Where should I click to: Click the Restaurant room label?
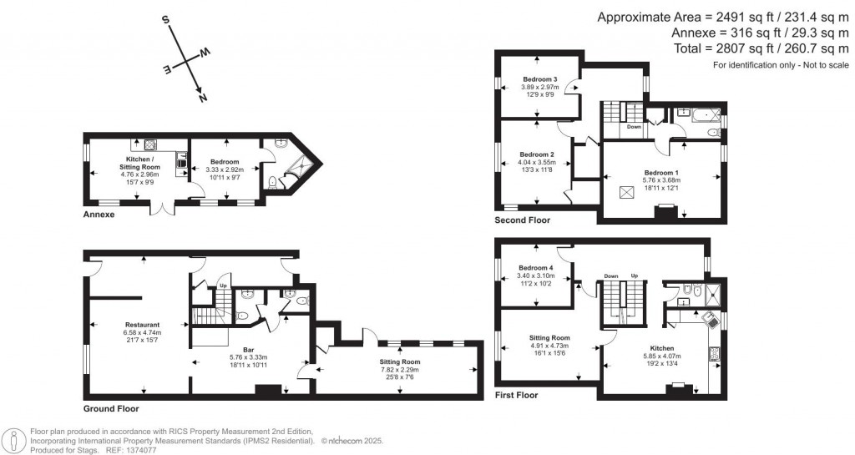pyautogui.click(x=143, y=325)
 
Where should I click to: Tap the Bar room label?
pyautogui.click(x=248, y=349)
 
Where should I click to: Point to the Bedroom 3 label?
pyautogui.click(x=539, y=79)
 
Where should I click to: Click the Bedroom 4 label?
pyautogui.click(x=535, y=267)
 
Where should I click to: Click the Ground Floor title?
pyautogui.click(x=111, y=409)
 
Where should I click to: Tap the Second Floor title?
pyautogui.click(x=523, y=220)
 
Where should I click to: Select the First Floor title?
pyautogui.click(x=516, y=395)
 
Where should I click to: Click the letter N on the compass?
pyautogui.click(x=202, y=97)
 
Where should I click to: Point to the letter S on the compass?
pyautogui.click(x=166, y=19)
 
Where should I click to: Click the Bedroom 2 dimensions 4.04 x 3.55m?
pyautogui.click(x=537, y=163)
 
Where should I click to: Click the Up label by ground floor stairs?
pyautogui.click(x=223, y=286)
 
